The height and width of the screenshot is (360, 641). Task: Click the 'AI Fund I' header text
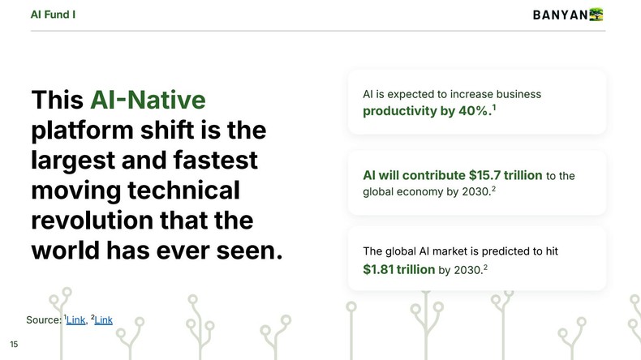(x=54, y=14)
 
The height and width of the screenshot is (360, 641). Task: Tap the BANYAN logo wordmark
(x=560, y=15)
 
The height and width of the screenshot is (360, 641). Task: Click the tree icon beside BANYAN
(x=597, y=14)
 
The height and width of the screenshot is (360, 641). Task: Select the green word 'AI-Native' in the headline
(x=148, y=100)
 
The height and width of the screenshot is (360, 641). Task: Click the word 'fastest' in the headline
(x=213, y=160)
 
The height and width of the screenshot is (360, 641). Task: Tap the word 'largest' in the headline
(x=75, y=160)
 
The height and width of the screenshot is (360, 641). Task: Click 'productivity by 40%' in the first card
(x=426, y=111)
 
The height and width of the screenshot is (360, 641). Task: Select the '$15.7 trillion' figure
(x=505, y=175)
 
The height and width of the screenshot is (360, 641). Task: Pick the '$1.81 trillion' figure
(x=399, y=269)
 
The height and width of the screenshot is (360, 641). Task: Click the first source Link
(x=75, y=320)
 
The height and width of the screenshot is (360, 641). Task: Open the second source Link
(x=103, y=320)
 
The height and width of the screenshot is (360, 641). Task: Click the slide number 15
(x=15, y=345)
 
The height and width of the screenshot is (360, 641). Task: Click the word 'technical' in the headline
(x=180, y=190)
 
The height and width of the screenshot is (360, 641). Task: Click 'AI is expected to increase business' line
(x=452, y=94)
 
